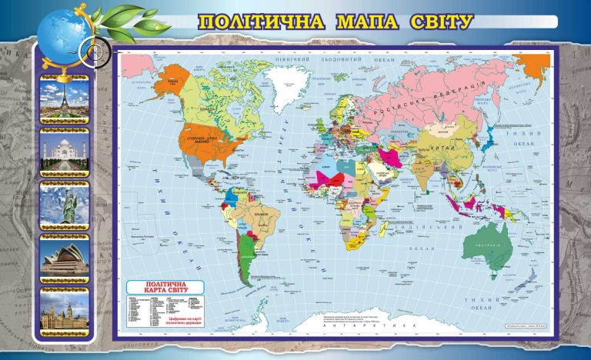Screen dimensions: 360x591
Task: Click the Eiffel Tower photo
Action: click(x=65, y=101)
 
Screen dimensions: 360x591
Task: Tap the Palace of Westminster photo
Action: click(x=65, y=312)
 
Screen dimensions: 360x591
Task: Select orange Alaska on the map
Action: click(x=176, y=77)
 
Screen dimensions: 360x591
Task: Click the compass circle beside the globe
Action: click(x=94, y=53)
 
